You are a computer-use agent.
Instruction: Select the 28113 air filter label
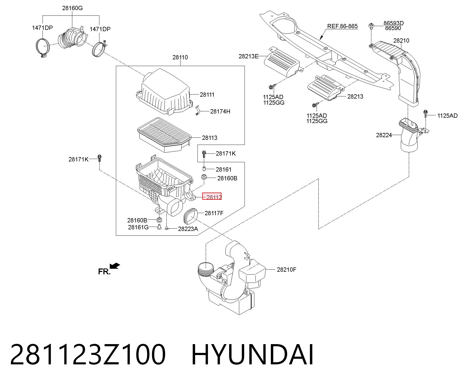click(x=210, y=138)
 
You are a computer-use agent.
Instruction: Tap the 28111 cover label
click(x=207, y=95)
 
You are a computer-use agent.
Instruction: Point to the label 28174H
click(x=220, y=111)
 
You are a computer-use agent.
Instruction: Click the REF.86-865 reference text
click(x=342, y=26)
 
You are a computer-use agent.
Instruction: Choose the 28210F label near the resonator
click(x=287, y=270)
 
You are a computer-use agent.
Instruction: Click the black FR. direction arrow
click(x=115, y=266)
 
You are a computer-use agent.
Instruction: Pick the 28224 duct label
click(x=384, y=135)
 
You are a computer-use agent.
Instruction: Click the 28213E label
click(x=249, y=56)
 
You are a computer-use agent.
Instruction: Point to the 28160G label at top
click(x=72, y=8)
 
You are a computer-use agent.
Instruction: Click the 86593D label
click(x=393, y=23)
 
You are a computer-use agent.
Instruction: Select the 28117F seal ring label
click(x=214, y=213)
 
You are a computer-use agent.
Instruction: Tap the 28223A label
click(x=188, y=229)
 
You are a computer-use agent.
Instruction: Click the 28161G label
click(x=138, y=227)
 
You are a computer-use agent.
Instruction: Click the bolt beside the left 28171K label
click(x=99, y=158)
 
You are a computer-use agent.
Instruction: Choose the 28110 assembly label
click(x=180, y=57)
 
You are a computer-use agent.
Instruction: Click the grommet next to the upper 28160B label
click(x=204, y=177)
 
